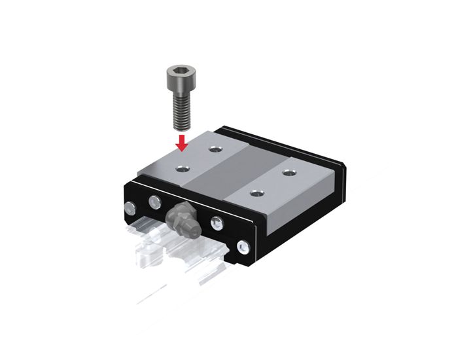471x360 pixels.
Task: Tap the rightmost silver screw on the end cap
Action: (244, 248)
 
